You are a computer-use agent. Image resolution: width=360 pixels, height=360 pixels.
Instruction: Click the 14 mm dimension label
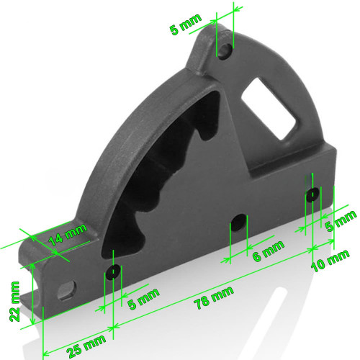[68, 235]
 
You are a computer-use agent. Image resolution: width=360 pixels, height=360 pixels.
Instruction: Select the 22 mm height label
[14, 302]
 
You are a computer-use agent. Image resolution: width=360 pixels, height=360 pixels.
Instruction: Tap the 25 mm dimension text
[86, 346]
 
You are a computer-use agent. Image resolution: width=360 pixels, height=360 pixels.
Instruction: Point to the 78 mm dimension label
[215, 297]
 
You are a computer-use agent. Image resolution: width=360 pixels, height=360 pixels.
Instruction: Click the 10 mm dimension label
[330, 261]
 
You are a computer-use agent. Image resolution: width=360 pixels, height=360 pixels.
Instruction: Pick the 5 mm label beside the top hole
[185, 24]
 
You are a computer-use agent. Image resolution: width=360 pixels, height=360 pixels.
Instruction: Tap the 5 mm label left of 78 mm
[143, 298]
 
